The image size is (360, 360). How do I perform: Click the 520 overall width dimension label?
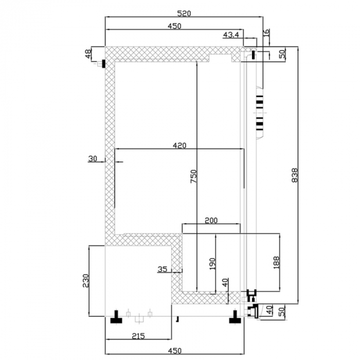(184, 13)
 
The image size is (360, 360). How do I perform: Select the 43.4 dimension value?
(231, 35)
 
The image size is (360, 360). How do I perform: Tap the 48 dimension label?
(88, 54)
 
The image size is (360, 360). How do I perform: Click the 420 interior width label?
(179, 146)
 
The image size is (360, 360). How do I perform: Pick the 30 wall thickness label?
(93, 158)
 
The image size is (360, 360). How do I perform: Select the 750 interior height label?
(194, 176)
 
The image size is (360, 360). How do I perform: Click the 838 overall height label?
(295, 175)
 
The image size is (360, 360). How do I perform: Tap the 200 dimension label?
(211, 221)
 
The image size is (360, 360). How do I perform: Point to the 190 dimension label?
(212, 264)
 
